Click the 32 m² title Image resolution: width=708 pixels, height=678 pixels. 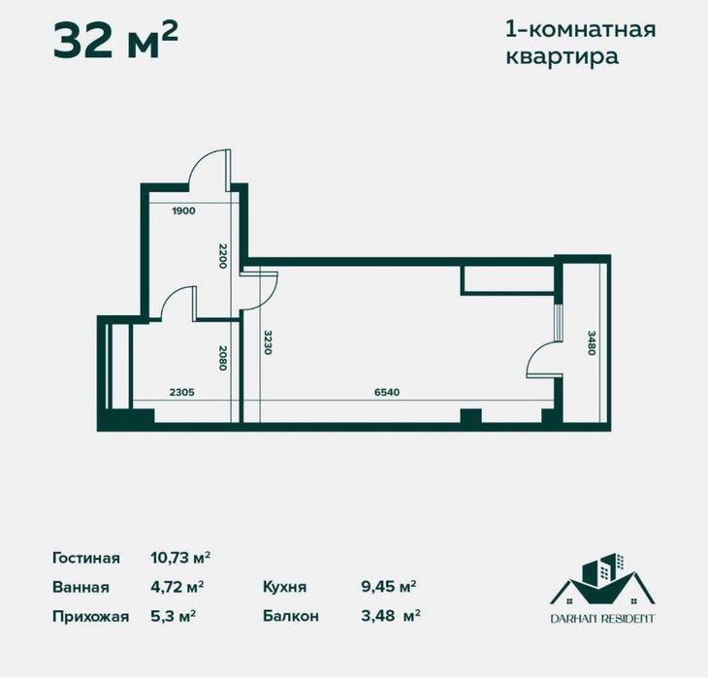(x=115, y=41)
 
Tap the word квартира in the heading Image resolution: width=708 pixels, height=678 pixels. (x=563, y=56)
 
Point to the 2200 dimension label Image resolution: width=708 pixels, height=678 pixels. (x=222, y=257)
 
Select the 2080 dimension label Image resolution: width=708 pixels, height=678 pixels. (x=222, y=361)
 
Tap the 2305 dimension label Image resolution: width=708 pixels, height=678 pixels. (x=184, y=392)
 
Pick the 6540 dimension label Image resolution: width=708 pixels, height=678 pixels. (x=386, y=392)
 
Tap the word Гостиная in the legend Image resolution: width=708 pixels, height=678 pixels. (x=86, y=558)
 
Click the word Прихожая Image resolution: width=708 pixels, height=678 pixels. (x=90, y=615)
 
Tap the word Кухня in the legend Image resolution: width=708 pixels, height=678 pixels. (x=284, y=587)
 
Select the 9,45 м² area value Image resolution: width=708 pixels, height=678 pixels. (x=388, y=587)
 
